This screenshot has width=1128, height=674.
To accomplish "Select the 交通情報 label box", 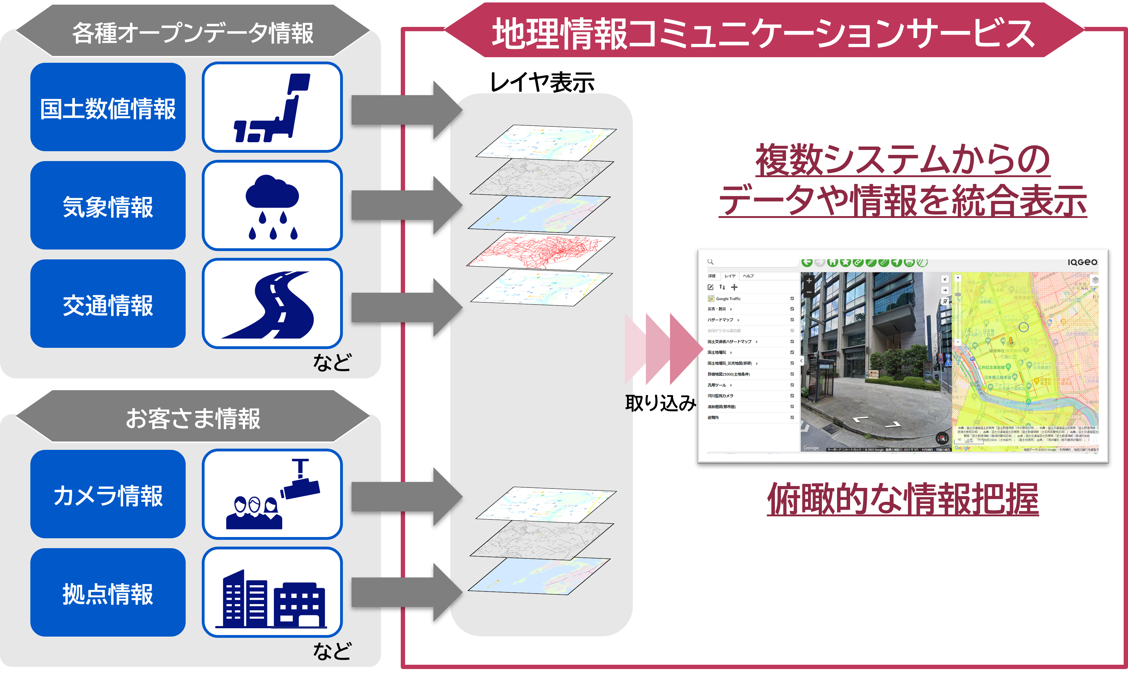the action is tap(108, 304).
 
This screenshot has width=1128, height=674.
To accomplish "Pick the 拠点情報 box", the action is tap(108, 592).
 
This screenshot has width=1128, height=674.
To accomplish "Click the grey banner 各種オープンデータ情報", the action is tap(193, 33).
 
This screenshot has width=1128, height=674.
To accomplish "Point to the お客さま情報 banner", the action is tap(193, 418).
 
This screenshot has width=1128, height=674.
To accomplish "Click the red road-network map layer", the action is tap(541, 252).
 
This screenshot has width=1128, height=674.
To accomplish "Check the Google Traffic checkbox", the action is tap(792, 298).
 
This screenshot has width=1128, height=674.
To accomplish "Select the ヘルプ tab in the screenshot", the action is tap(748, 276).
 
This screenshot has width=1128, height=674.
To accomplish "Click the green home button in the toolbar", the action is tap(832, 262).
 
